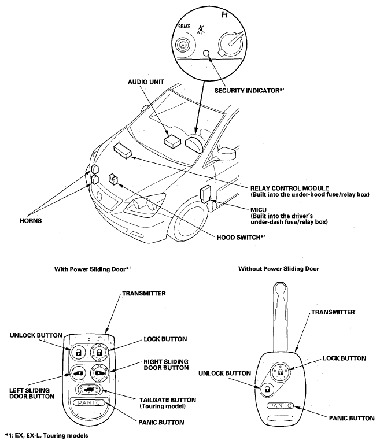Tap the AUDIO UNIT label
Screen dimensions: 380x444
click(146, 82)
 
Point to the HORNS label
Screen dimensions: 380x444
click(31, 221)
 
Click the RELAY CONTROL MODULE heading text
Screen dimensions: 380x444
click(290, 188)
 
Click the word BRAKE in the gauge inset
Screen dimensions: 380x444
click(184, 27)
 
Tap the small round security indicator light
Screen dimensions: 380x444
click(206, 53)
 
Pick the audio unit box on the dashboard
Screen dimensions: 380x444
click(172, 140)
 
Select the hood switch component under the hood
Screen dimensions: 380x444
click(113, 179)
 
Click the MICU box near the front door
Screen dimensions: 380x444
click(206, 194)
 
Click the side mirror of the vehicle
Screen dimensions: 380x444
click(227, 154)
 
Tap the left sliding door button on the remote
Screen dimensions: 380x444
click(78, 373)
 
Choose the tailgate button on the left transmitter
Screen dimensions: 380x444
click(88, 390)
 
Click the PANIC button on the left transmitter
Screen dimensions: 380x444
click(89, 402)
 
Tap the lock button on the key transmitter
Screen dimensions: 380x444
click(280, 372)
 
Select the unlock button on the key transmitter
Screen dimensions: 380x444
click(267, 390)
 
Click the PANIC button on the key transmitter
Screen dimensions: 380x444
click(280, 406)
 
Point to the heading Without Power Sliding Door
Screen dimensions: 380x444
click(279, 269)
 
